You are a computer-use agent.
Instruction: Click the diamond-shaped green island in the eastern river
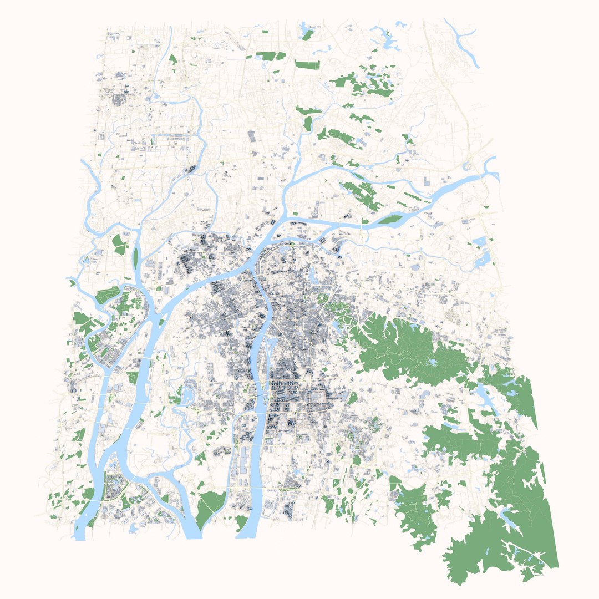tap(391, 219)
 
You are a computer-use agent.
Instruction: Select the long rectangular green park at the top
tap(307, 64)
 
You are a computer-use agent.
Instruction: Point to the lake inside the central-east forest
tap(429, 363)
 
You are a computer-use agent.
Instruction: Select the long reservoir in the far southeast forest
tap(510, 519)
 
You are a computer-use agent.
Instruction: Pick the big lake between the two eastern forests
tap(481, 396)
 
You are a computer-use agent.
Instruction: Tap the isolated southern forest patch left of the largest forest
tap(416, 513)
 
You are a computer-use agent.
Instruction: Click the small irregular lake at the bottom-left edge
tap(133, 528)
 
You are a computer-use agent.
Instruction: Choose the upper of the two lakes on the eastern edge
tap(480, 242)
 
